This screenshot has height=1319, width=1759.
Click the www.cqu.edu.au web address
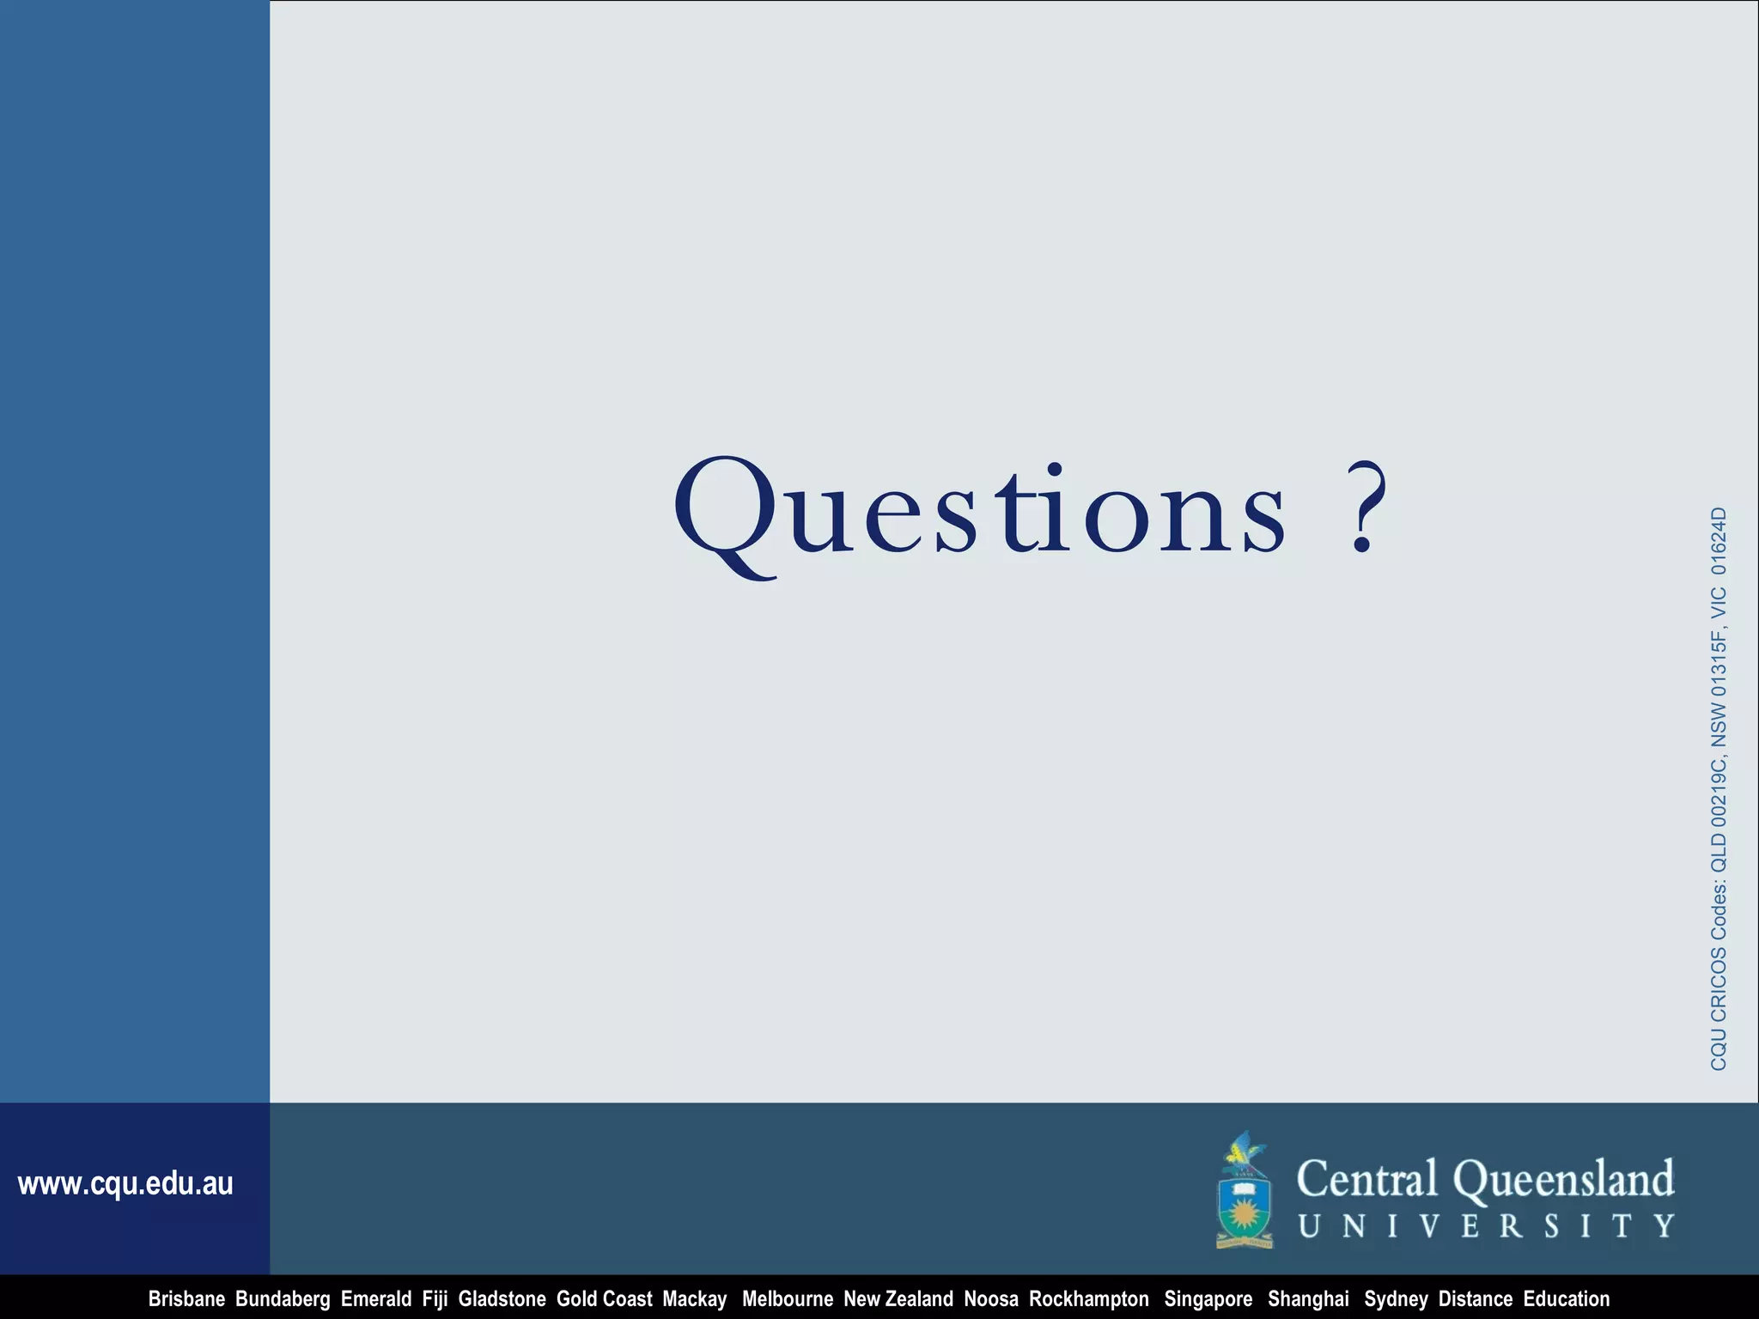(125, 1183)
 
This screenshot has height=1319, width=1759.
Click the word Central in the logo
(1366, 1179)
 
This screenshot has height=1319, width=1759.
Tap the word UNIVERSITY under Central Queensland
(1486, 1225)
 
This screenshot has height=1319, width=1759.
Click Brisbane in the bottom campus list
(186, 1298)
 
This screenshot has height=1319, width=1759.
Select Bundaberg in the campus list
(283, 1298)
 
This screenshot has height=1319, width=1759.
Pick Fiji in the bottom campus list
(435, 1298)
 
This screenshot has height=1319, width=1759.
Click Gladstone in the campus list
(502, 1298)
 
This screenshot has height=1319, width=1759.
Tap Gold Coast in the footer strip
(604, 1298)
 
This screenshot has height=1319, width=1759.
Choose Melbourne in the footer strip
(787, 1298)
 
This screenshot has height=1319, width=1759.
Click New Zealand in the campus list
(898, 1298)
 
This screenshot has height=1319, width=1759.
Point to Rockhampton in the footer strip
(1088, 1298)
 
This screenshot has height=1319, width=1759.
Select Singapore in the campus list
(1208, 1298)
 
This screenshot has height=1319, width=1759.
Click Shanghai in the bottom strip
(1308, 1298)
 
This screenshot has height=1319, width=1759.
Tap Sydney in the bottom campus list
(1396, 1298)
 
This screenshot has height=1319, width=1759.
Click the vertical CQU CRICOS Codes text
(1718, 788)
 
